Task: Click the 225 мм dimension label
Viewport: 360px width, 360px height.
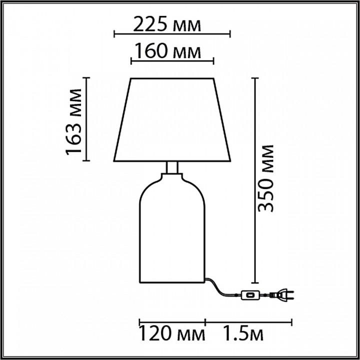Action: pyautogui.click(x=167, y=24)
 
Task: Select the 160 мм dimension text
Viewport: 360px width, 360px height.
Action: pyautogui.click(x=167, y=50)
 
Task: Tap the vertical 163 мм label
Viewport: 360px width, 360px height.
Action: pyautogui.click(x=73, y=122)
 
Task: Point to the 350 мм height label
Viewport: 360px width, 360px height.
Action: pyautogui.click(x=265, y=178)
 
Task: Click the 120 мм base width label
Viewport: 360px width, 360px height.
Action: pyautogui.click(x=172, y=334)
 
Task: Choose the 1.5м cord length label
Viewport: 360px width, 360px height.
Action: pyautogui.click(x=243, y=334)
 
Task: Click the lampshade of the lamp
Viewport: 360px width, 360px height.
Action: pyautogui.click(x=172, y=120)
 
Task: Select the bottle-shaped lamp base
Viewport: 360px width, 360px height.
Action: pyautogui.click(x=172, y=228)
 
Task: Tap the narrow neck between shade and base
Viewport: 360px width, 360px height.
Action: pyautogui.click(x=172, y=167)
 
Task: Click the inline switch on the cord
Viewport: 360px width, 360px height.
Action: pyautogui.click(x=250, y=295)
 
